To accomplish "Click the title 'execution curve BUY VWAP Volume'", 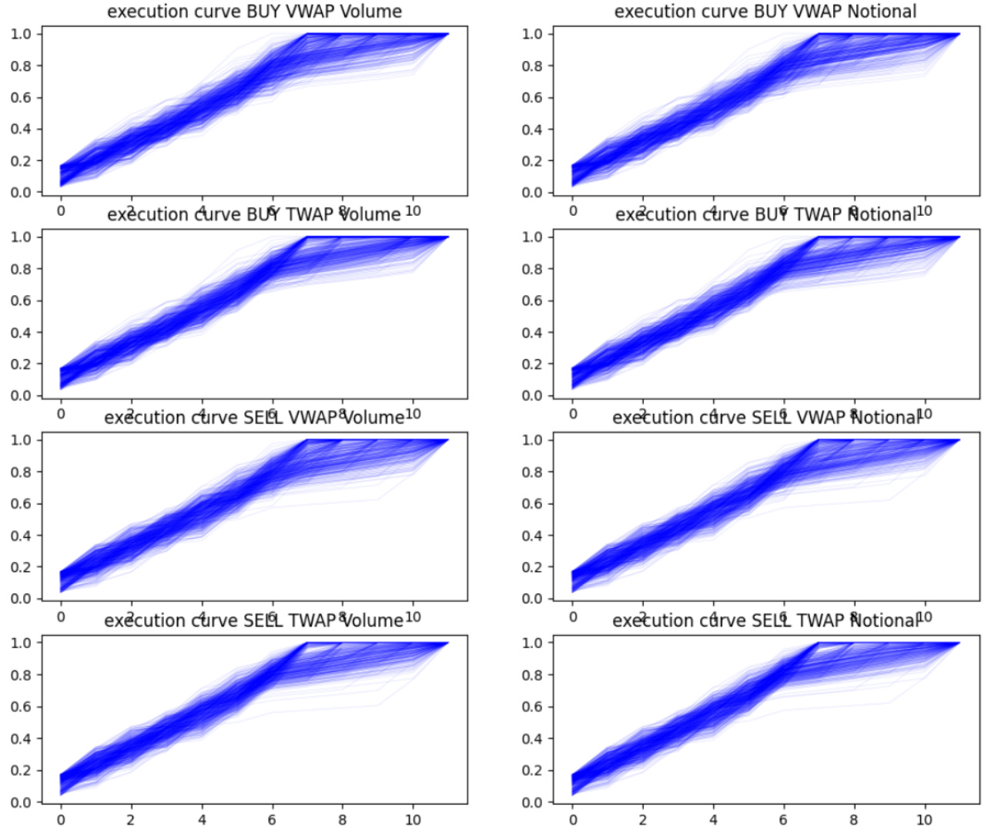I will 254,12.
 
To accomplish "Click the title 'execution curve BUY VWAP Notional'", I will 765,12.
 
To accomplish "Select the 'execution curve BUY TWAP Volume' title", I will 254,214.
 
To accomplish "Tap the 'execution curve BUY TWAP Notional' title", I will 765,214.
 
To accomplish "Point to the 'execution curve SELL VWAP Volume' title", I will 254,418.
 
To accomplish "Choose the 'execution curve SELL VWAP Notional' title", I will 765,418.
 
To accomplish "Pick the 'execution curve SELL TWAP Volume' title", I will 254,620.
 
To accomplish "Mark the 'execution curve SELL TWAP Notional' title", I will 765,620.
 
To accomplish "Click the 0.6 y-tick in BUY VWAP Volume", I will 21,98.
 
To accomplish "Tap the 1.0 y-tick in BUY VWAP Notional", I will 532,34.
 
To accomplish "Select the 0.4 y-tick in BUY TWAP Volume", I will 21,333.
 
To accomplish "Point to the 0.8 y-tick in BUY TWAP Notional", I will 532,269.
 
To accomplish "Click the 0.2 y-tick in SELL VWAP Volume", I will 21,567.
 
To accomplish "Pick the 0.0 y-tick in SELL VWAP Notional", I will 532,599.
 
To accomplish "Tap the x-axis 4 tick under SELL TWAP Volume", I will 202,820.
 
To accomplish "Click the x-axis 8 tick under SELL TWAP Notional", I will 854,820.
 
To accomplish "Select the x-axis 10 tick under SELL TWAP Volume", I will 413,820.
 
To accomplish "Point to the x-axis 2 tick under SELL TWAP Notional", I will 643,820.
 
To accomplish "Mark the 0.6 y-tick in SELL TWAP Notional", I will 532,707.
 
